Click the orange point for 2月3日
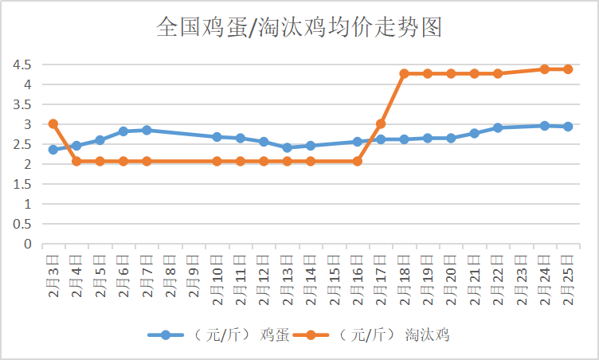point(53,123)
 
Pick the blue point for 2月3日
point(53,150)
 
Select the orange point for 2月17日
point(381,123)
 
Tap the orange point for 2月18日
point(404,73)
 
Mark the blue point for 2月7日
point(147,130)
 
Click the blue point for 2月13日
point(287,147)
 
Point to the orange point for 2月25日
point(568,69)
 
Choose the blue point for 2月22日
point(498,127)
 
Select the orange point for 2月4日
point(76,161)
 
